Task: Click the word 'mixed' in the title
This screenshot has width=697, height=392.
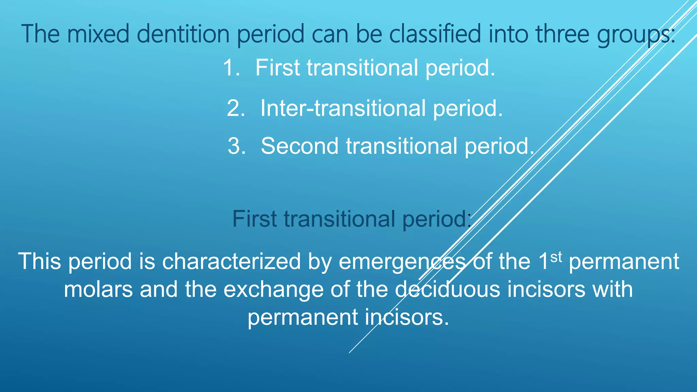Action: click(x=98, y=34)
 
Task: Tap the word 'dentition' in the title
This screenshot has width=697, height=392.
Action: click(x=183, y=34)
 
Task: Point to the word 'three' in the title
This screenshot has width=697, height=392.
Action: click(x=562, y=34)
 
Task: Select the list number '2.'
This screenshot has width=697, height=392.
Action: click(x=236, y=108)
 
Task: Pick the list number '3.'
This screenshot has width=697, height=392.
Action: click(x=237, y=146)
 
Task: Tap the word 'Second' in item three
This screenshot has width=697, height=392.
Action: click(x=299, y=146)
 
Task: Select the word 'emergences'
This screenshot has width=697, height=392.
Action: click(x=402, y=262)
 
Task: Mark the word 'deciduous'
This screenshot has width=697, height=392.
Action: click(x=448, y=290)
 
